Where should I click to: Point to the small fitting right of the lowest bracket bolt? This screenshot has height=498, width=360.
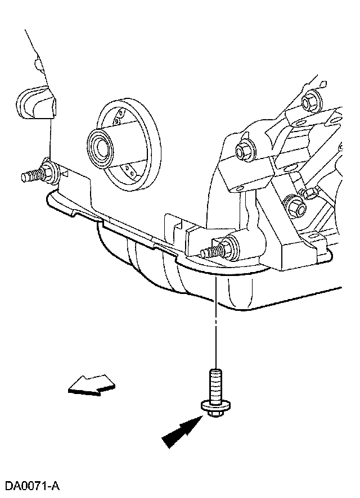tap(310, 194)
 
